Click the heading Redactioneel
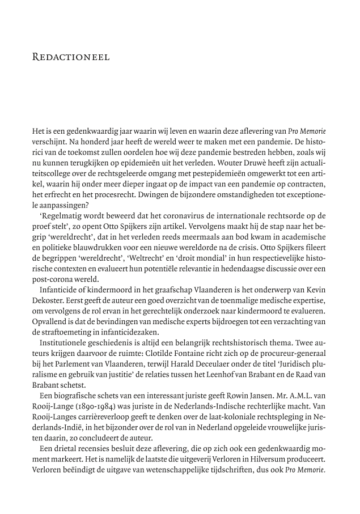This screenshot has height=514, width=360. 71,57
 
